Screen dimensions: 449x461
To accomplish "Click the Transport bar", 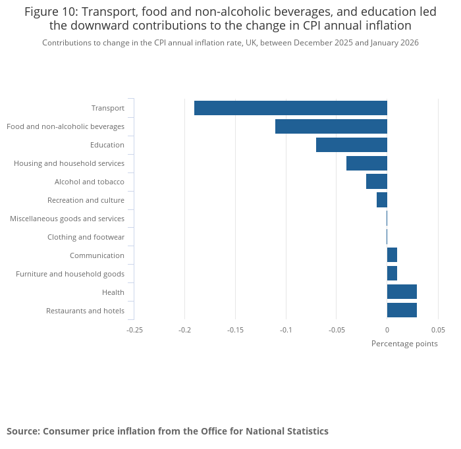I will tap(290, 108).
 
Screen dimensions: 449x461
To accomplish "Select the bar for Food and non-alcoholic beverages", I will tap(331, 126).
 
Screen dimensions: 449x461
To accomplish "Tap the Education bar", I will tap(352, 145).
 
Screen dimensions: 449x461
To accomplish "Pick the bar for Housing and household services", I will tap(367, 163).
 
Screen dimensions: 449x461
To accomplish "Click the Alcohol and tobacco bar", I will tap(377, 182).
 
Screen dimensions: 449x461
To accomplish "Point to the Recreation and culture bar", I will tap(382, 200).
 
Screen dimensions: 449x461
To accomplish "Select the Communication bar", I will tap(392, 255).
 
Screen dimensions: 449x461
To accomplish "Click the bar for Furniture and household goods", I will tap(392, 274).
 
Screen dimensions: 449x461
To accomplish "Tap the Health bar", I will tap(402, 292).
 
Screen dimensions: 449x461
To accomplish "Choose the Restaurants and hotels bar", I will tap(402, 311).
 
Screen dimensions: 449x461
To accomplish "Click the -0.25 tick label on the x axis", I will tap(134, 330).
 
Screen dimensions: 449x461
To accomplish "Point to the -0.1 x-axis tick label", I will tap(286, 330).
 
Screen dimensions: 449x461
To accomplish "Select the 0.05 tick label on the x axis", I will tap(438, 330).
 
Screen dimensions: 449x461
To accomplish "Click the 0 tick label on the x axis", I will tap(387, 330).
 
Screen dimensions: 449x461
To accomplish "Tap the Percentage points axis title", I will tap(404, 344).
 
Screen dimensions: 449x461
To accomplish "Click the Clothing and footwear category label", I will tap(86, 237).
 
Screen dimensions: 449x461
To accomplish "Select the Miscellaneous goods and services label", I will tap(67, 219).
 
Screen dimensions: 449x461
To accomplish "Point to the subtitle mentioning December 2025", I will tap(230, 43).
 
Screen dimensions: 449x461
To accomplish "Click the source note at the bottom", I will tap(167, 431).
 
